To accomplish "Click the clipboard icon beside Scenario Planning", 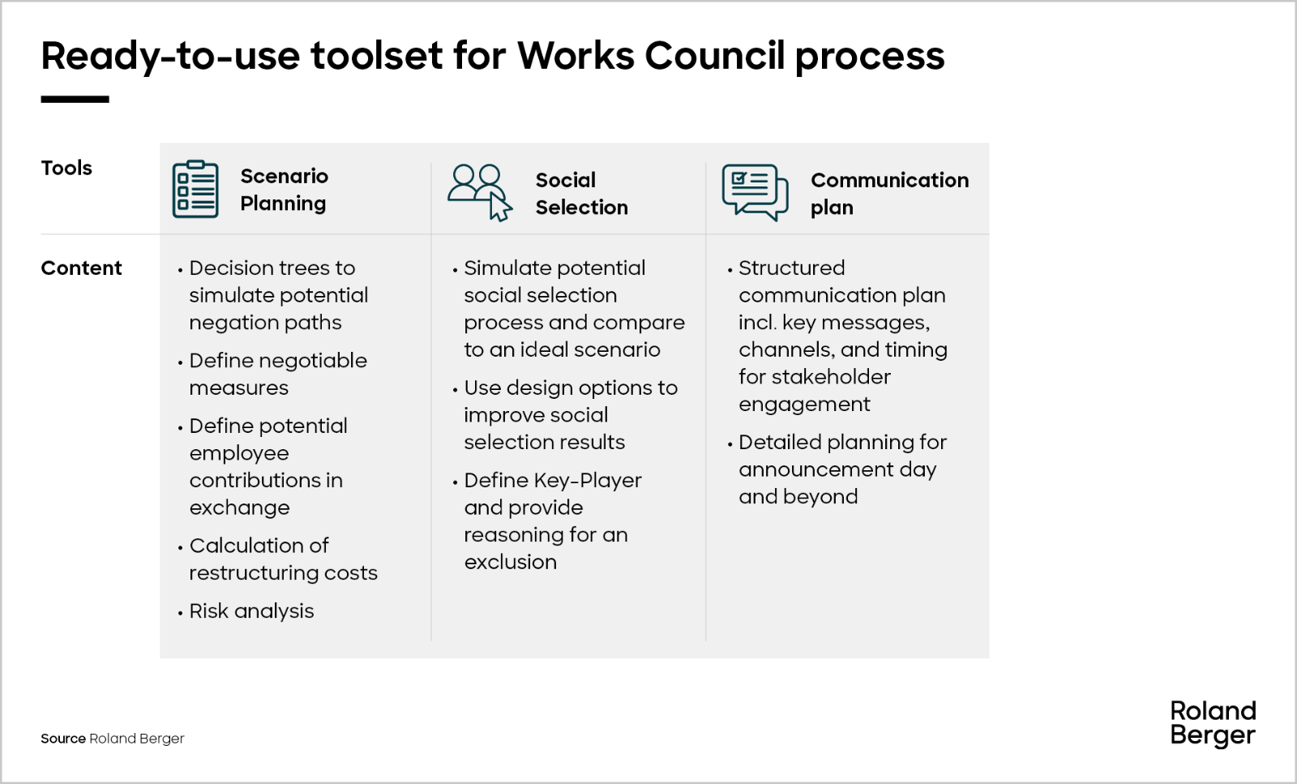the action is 195,190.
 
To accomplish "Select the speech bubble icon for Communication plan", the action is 755,192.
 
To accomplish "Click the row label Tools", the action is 66,168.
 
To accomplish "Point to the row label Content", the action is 81,268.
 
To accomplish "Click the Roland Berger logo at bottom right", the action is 1213,724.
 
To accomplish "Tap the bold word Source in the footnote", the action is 63,739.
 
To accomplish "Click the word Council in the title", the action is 714,56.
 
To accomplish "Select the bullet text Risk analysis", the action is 251,611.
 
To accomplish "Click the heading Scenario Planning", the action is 284,190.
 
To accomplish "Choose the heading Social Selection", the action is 581,194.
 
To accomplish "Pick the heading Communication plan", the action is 889,194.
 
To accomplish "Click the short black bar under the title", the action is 75,99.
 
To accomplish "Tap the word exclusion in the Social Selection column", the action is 510,562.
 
